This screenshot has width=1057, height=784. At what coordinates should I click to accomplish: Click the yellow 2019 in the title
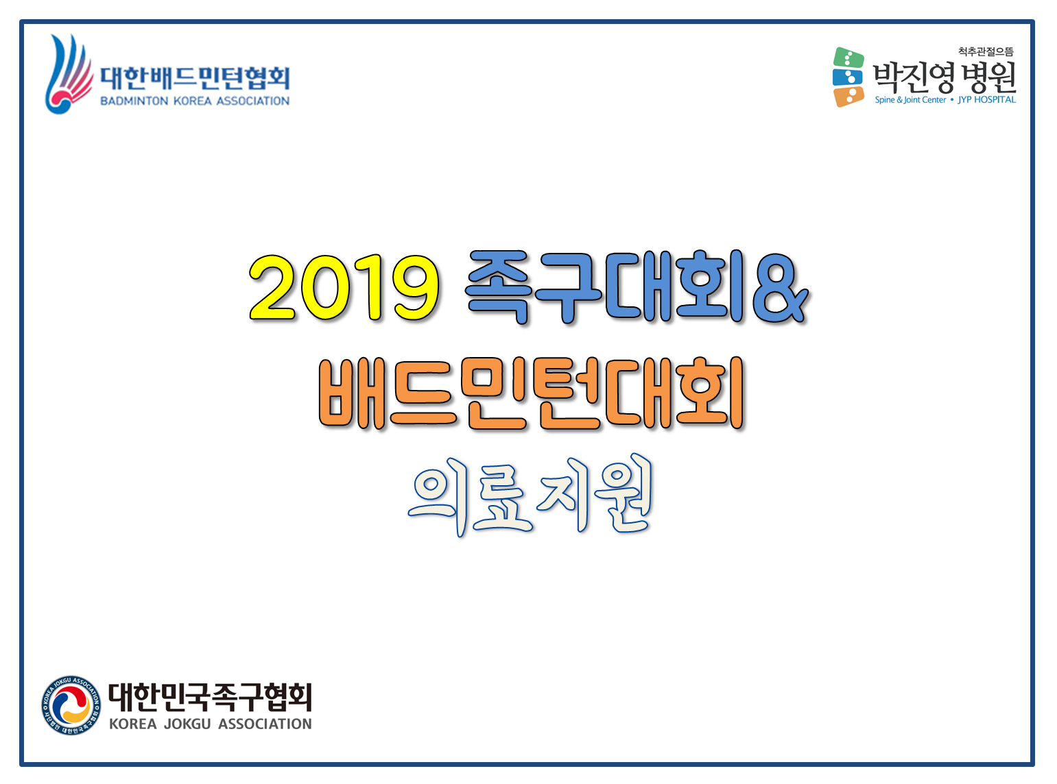pyautogui.click(x=344, y=287)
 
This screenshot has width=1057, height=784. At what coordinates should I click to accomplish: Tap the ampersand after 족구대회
pyautogui.click(x=780, y=288)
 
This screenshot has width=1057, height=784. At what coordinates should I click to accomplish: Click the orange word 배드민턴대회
pyautogui.click(x=531, y=393)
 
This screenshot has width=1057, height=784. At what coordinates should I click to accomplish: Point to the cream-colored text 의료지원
pyautogui.click(x=530, y=495)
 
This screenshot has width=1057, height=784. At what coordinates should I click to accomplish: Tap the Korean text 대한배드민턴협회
pyautogui.click(x=194, y=78)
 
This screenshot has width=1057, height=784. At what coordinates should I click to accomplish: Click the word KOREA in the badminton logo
pyautogui.click(x=192, y=101)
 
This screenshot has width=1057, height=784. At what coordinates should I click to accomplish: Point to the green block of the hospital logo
pyautogui.click(x=848, y=58)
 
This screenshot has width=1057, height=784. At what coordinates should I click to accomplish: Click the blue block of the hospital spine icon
pyautogui.click(x=847, y=77)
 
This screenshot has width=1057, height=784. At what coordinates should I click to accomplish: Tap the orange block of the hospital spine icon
pyautogui.click(x=848, y=97)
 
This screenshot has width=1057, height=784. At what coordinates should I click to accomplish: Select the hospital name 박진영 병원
pyautogui.click(x=944, y=77)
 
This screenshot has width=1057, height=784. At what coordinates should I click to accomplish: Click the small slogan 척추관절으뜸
pyautogui.click(x=986, y=51)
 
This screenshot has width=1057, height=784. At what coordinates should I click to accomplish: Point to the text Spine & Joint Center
pyautogui.click(x=910, y=100)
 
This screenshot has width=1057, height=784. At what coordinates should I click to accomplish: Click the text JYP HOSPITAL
pyautogui.click(x=986, y=100)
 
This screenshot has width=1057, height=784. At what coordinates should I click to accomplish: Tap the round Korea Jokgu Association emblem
pyautogui.click(x=71, y=705)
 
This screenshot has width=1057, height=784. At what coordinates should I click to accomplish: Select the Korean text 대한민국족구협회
pyautogui.click(x=210, y=697)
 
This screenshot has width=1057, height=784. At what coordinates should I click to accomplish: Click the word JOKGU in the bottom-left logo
pyautogui.click(x=187, y=724)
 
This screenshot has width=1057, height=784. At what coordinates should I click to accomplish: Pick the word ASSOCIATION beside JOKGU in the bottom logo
pyautogui.click(x=265, y=724)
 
